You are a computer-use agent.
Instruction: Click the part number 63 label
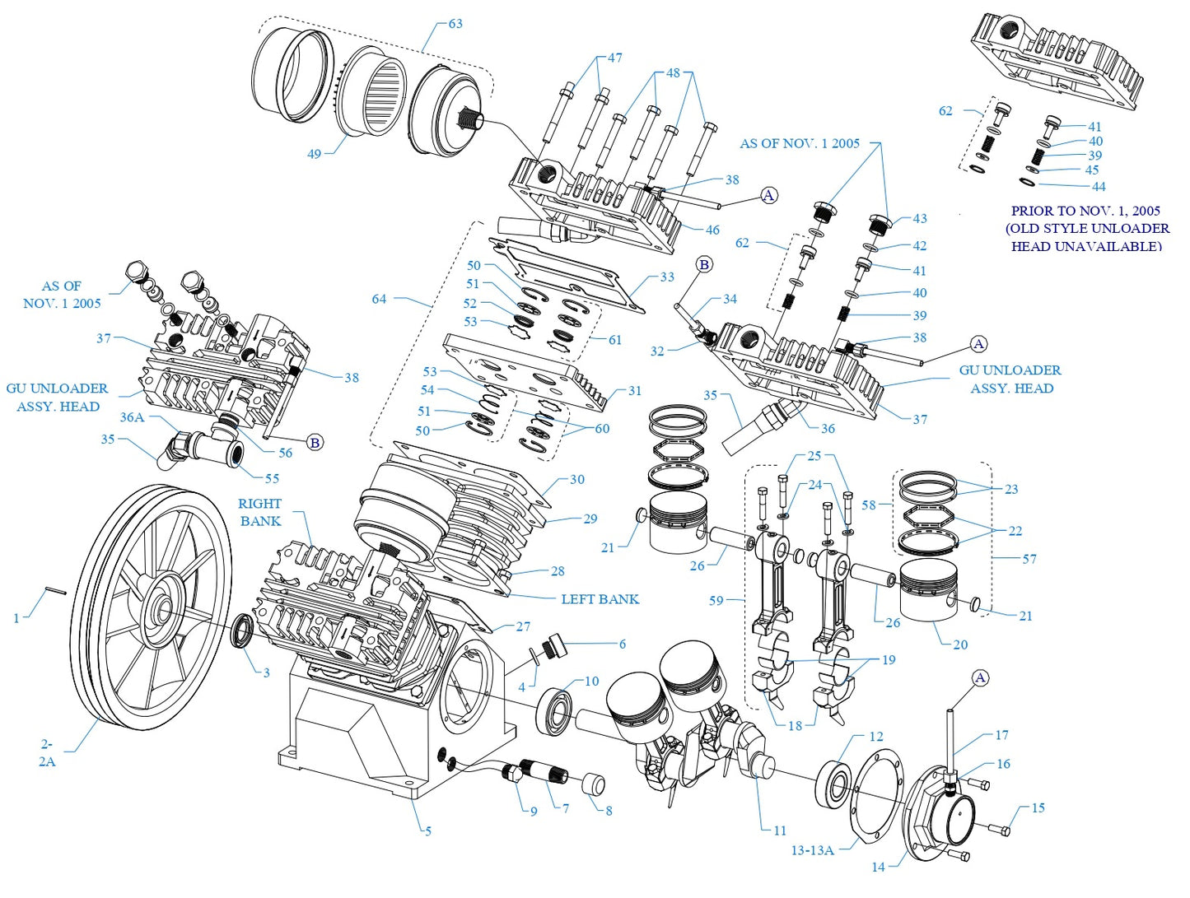455,24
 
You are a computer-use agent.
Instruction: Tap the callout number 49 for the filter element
314,154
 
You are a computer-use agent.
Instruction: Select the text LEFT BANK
600,599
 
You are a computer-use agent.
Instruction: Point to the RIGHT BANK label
259,512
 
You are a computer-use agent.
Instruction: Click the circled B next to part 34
704,264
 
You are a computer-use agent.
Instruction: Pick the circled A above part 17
980,677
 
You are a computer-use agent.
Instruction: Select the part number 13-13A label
812,850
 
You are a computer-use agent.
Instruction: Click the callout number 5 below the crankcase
427,831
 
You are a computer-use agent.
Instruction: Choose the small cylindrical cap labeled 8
594,783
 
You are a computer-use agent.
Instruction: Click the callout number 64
379,299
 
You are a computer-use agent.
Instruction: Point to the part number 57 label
1029,559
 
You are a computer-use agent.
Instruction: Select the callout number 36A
132,417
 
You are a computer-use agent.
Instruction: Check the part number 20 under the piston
960,644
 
